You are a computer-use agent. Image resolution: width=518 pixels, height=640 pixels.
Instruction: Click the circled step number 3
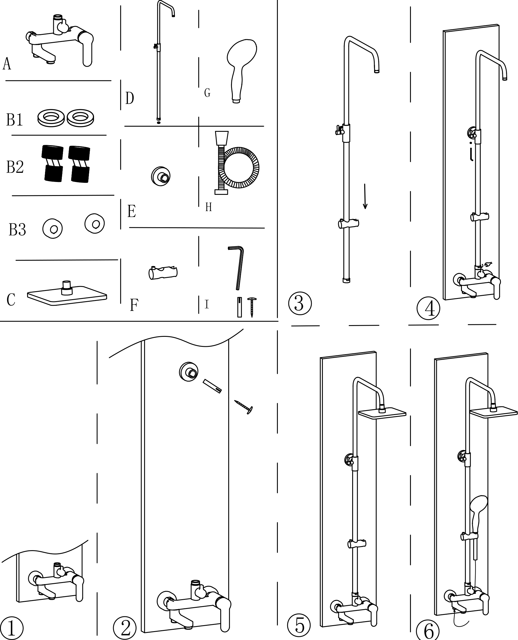tap(299, 303)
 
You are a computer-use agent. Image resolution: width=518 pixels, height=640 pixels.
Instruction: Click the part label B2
tap(15, 167)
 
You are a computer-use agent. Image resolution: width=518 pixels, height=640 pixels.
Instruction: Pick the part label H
tap(208, 207)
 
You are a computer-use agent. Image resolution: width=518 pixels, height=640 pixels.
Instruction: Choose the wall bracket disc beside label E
tap(161, 176)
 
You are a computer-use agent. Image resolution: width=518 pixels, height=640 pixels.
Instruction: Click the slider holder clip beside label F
tap(163, 272)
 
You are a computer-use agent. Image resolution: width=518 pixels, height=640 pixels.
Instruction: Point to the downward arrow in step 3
tap(365, 196)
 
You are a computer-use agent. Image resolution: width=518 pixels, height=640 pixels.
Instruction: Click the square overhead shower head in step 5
tap(382, 414)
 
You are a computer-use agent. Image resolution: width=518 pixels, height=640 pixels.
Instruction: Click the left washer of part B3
tap(52, 229)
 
